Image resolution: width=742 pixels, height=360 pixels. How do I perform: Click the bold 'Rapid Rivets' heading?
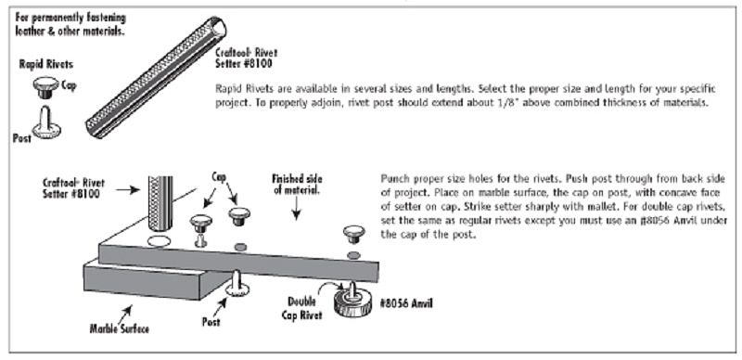[x=46, y=64]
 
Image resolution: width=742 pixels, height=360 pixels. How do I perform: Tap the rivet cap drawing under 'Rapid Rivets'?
[x=45, y=87]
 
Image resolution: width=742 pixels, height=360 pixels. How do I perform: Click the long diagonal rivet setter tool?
[x=156, y=77]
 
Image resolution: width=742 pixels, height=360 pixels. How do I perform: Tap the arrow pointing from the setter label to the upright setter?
[x=128, y=190]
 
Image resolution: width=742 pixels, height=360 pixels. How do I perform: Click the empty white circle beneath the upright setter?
[x=158, y=241]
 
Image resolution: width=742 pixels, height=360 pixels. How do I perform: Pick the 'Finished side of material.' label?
[x=297, y=186]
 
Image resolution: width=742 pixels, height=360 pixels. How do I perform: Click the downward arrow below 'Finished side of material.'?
[x=296, y=209]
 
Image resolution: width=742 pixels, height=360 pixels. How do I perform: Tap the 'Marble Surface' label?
[x=120, y=328]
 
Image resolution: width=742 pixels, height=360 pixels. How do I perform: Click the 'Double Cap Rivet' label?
[x=304, y=308]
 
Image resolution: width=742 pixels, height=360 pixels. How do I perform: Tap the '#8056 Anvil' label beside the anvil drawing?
[x=406, y=303]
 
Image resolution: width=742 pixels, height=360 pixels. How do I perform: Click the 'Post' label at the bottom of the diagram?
[x=211, y=322]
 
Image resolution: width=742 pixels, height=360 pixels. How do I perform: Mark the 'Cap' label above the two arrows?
[x=219, y=178]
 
